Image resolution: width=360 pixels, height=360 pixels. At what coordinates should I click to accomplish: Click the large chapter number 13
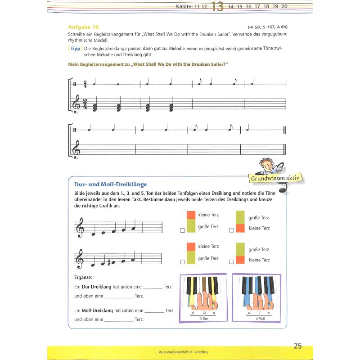216,7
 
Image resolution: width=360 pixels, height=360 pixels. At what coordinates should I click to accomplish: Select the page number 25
297,346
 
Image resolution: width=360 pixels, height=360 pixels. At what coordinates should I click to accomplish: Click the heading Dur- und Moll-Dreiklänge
110,184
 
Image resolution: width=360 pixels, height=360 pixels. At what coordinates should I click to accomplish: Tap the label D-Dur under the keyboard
205,318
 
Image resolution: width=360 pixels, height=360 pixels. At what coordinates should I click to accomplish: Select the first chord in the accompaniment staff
95,107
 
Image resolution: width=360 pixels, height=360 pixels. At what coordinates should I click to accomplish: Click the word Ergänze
83,277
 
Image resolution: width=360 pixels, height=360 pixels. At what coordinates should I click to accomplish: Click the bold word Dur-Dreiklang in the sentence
96,286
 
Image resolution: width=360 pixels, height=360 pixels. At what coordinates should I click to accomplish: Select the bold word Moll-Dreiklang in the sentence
97,310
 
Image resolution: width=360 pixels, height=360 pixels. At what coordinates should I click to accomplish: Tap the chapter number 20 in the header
283,6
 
